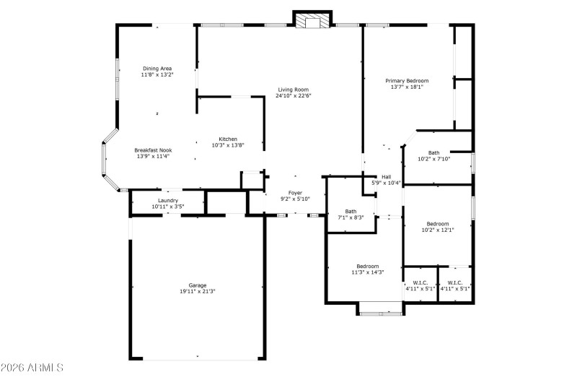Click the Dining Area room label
click(157, 69)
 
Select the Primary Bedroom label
click(407, 81)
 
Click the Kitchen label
click(228, 139)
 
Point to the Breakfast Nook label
click(153, 150)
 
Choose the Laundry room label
click(167, 201)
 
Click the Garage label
click(198, 285)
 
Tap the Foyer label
click(296, 193)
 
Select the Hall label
click(386, 177)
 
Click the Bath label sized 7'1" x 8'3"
click(351, 211)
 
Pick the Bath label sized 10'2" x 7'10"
click(433, 152)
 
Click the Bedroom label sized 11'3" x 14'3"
click(367, 266)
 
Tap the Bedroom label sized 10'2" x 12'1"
click(437, 224)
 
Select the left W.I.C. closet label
click(420, 282)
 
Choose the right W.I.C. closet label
click(455, 282)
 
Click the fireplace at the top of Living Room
click(312, 20)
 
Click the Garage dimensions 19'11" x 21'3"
click(198, 292)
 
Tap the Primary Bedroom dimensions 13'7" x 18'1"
click(407, 87)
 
